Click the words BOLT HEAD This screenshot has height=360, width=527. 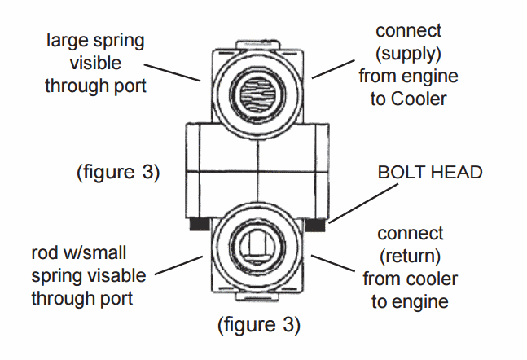tap(430, 173)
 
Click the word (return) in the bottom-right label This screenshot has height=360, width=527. tap(410, 257)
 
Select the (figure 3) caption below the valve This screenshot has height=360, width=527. tap(258, 327)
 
